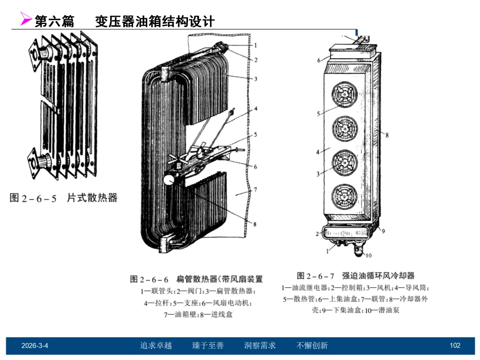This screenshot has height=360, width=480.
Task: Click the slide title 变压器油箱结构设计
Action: coord(155,22)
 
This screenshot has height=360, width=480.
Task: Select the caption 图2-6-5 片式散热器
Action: coord(64,198)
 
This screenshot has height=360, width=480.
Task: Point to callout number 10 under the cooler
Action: coord(368,255)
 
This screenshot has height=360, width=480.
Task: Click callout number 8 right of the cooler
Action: coord(387,135)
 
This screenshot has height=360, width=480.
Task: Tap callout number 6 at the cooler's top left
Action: coord(319,60)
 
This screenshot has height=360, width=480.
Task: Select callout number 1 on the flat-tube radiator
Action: coord(256,45)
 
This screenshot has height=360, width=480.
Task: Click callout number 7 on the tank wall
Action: coord(255,190)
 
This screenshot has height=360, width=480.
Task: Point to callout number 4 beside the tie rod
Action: coord(256,108)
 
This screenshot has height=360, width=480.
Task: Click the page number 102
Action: coord(455,345)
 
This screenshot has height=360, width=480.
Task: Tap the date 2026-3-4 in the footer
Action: coord(35,345)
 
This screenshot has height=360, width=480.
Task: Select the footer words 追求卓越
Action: coord(156,345)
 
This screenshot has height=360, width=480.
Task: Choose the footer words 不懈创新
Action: coord(312,345)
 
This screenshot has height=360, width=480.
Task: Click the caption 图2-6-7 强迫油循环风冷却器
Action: coord(356,276)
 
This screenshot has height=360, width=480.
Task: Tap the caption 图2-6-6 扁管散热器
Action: coord(196,279)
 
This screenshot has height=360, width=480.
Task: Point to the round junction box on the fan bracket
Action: coord(169,179)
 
